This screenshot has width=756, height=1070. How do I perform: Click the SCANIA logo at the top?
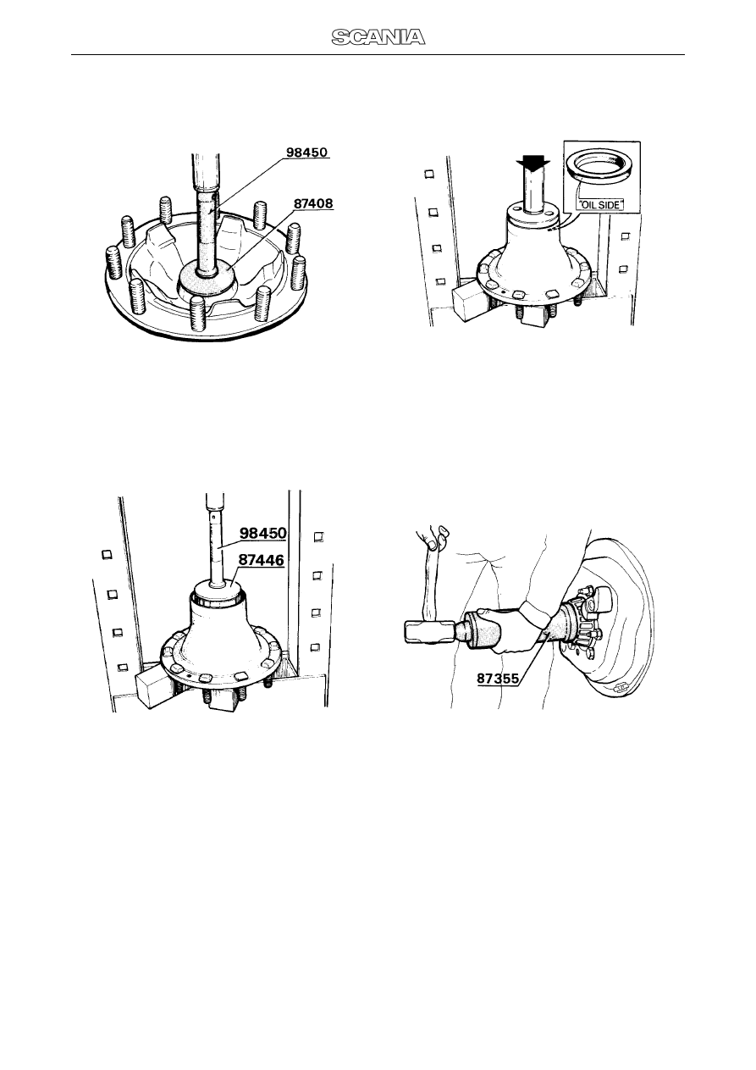click(378, 37)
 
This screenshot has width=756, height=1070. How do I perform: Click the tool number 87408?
click(313, 204)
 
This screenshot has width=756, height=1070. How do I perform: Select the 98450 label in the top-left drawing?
click(306, 152)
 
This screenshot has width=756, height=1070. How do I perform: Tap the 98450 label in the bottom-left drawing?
click(263, 533)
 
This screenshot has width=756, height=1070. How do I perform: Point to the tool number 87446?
click(261, 560)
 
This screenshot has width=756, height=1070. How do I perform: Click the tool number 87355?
click(498, 679)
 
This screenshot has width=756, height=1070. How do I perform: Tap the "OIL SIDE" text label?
click(601, 205)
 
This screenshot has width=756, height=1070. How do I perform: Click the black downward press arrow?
click(534, 164)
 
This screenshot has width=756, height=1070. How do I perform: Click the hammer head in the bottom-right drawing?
click(429, 633)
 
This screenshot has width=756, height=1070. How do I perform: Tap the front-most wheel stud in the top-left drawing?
click(198, 313)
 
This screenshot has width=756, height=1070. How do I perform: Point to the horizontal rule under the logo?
click(378, 54)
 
